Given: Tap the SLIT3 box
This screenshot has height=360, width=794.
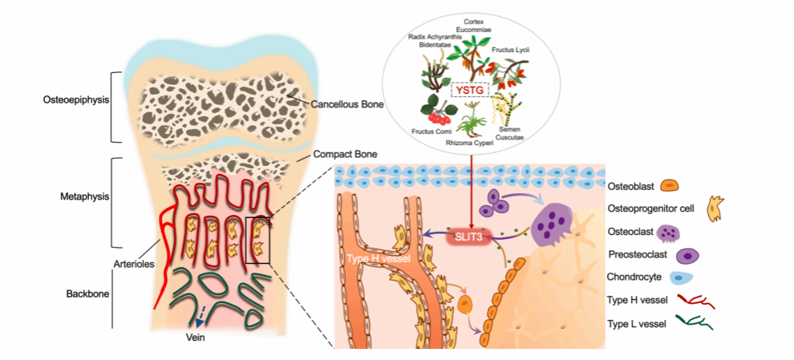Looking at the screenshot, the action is click(468, 237).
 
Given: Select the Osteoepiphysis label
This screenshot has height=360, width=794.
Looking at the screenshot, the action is click(76, 99).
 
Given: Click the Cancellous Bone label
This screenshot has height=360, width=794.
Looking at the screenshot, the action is click(346, 105).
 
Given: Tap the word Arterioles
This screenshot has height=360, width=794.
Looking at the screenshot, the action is click(133, 263).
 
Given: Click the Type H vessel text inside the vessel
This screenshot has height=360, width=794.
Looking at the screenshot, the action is click(378, 259).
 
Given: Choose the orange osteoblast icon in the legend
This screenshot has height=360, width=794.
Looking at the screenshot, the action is click(670, 186).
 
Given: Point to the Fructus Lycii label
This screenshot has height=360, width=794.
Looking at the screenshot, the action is click(507, 51).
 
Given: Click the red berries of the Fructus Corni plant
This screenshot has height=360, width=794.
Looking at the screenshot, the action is click(438, 119).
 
